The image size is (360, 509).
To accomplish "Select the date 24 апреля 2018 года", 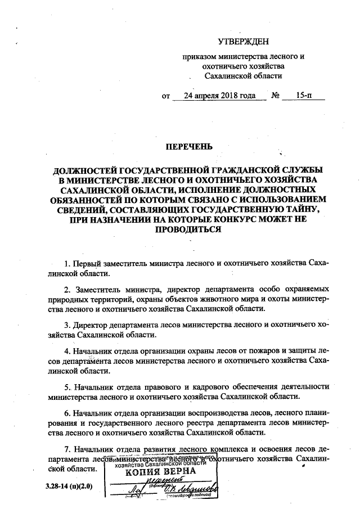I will pos(220,96).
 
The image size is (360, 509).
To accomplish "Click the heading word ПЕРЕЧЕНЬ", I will pos(188,147).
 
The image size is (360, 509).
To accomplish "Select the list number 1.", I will pos(66,263).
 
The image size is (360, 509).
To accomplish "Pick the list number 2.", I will pos(66,290).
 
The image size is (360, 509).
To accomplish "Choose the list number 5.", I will pos(66,388).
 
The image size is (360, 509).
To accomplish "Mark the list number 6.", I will pos(66,414).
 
